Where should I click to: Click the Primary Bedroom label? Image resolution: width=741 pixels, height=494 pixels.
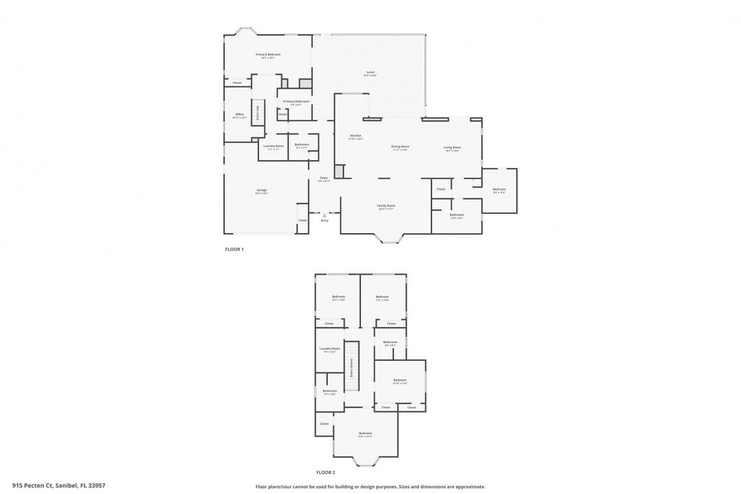[268, 55]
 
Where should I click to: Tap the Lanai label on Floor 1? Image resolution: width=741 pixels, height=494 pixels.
[370, 73]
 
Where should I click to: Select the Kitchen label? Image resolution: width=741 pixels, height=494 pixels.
[355, 136]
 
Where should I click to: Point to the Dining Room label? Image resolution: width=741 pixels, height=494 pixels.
[400, 147]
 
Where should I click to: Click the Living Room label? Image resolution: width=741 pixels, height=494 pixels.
[451, 148]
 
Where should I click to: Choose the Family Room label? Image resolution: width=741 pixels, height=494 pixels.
[386, 206]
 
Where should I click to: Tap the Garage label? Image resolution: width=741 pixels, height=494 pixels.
[261, 190]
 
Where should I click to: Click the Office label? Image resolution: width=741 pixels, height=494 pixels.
[239, 115]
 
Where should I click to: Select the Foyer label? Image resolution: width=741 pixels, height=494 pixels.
[324, 178]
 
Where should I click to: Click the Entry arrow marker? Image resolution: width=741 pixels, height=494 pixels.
[325, 215]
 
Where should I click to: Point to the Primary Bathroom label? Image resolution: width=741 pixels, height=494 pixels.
[296, 102]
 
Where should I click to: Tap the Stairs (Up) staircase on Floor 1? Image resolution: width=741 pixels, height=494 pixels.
[258, 112]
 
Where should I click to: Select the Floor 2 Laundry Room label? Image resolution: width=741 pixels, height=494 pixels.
[329, 349]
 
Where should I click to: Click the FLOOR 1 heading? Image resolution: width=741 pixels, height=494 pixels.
[234, 250]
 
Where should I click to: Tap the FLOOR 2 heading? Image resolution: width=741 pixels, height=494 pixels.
[325, 473]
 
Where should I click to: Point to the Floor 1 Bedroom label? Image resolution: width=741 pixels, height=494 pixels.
[499, 189]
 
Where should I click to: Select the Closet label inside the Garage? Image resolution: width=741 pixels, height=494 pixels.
[303, 220]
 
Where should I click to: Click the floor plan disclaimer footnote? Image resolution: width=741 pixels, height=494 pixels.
[370, 486]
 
